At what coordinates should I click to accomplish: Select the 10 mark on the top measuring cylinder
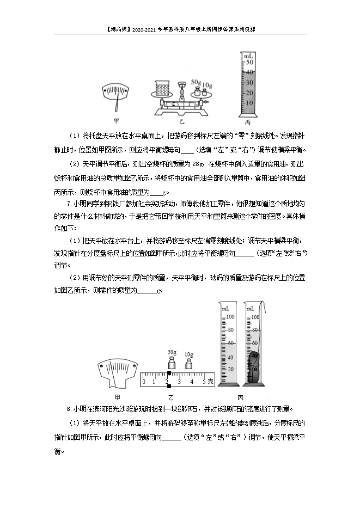coord(249,103)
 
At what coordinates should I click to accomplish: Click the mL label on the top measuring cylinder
coord(248,56)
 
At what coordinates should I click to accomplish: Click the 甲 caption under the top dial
coord(116,121)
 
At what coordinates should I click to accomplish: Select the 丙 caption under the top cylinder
coord(248,121)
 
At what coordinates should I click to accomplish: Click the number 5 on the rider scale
coord(204,382)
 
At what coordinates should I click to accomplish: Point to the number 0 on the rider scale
coord(143,382)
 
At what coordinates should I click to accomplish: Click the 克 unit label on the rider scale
coord(211,382)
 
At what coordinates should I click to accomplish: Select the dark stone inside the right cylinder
coord(253,363)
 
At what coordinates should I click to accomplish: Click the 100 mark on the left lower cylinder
coord(230,317)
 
